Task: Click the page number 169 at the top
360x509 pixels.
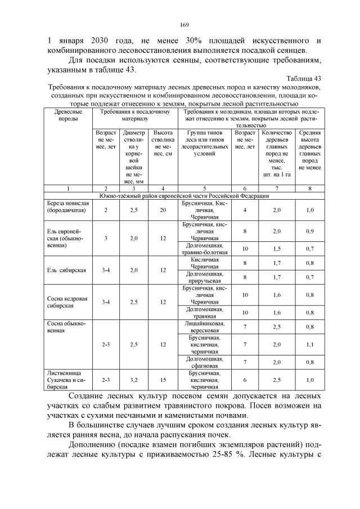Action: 183,24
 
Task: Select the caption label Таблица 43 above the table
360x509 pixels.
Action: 303,78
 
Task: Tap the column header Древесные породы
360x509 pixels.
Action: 69,116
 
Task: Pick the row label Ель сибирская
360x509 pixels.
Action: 66,270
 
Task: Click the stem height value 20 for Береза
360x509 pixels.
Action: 163,210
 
